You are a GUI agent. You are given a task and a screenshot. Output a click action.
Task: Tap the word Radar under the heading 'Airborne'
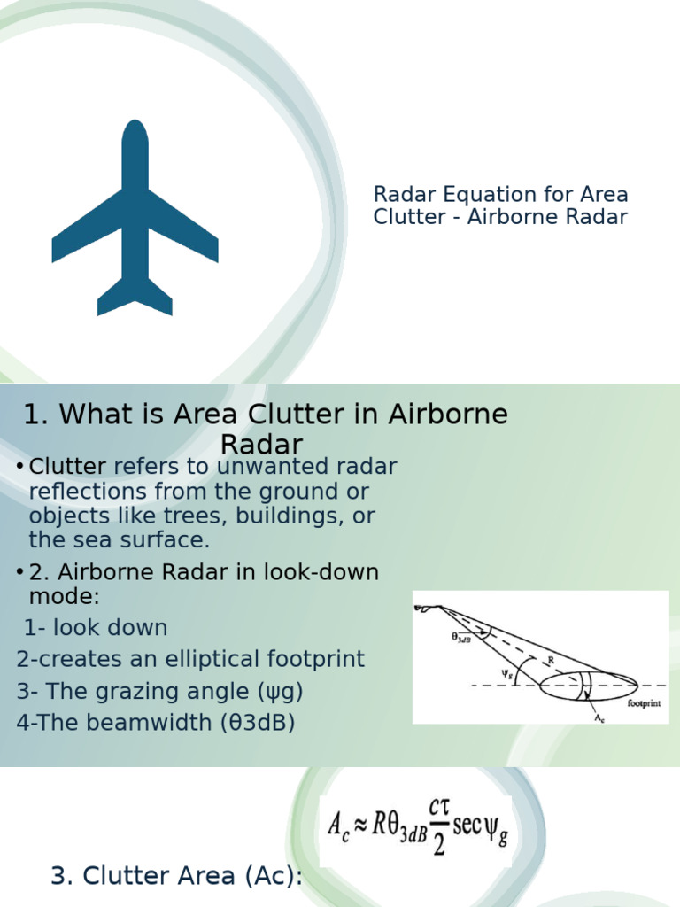click(261, 444)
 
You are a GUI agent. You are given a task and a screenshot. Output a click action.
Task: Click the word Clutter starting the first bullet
click(67, 467)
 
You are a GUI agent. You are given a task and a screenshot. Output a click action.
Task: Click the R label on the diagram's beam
click(550, 660)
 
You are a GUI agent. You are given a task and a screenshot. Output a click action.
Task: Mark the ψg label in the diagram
click(508, 672)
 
